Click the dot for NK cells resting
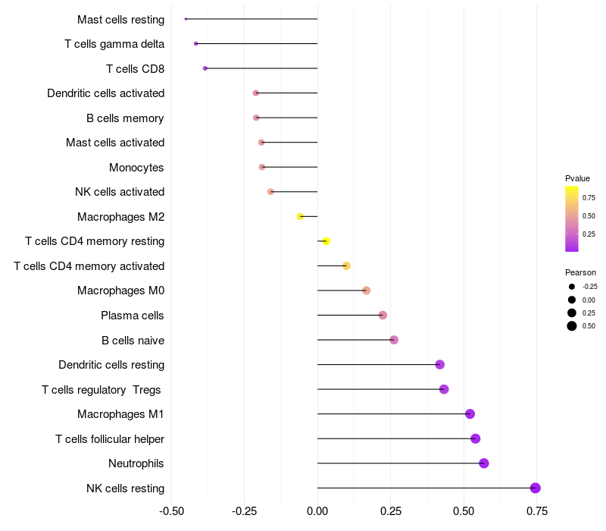536,488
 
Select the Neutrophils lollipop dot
484,463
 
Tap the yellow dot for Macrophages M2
300,216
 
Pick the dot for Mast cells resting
186,19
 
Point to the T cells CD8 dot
205,68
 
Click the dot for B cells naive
394,340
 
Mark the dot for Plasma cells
383,315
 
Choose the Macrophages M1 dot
470,413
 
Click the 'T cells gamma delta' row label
114,44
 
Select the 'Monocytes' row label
136,167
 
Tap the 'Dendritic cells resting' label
111,365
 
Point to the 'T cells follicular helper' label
110,438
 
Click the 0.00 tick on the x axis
317,511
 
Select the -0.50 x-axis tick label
171,511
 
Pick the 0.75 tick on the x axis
537,511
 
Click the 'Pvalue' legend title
577,178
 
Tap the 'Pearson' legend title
580,272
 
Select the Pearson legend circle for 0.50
571,326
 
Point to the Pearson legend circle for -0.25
571,287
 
